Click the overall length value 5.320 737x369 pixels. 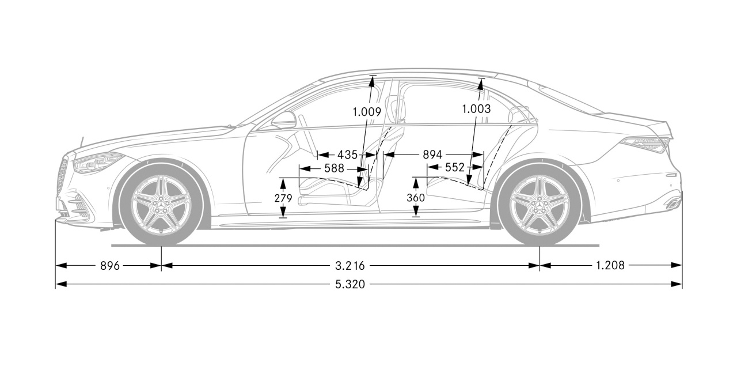click(350, 284)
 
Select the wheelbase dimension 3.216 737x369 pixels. click(350, 266)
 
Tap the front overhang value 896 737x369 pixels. click(109, 266)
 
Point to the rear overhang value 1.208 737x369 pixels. click(610, 266)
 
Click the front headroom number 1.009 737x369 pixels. click(367, 112)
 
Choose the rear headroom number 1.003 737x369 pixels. click(476, 108)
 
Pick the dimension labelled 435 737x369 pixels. click(347, 155)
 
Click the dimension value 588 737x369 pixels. click(334, 168)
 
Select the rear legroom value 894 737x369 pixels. click(432, 155)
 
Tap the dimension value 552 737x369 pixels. click(454, 168)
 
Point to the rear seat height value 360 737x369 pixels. click(415, 198)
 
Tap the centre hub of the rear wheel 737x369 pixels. click(540, 203)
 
